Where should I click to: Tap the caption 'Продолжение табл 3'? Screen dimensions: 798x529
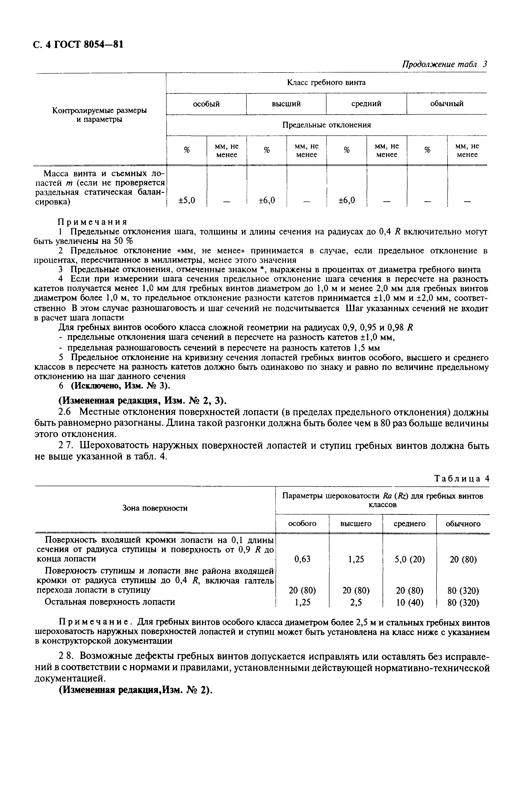pos(445,65)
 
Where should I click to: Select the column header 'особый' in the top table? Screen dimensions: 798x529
pos(206,104)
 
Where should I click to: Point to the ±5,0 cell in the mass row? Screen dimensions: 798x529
pos(186,200)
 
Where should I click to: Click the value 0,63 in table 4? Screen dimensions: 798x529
pos(302,560)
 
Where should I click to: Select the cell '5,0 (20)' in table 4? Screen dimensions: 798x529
pos(410,560)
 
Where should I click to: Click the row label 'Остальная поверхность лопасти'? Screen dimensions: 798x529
pos(110,602)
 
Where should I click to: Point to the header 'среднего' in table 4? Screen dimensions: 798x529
pos(410,524)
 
